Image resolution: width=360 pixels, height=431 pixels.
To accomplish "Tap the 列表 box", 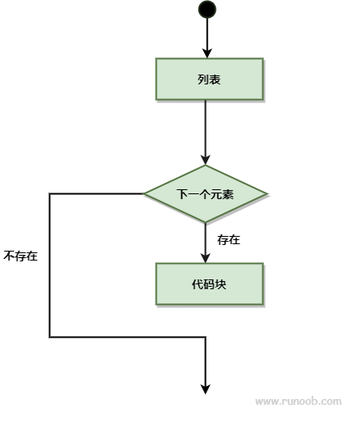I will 209,79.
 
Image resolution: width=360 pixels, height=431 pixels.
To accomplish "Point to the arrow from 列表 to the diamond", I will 207,131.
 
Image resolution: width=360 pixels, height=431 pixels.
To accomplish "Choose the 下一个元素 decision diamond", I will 206,194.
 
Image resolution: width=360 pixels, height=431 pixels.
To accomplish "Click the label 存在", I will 229,240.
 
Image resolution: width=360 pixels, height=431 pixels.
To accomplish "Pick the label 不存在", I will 21,256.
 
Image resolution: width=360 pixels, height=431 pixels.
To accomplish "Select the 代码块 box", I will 209,284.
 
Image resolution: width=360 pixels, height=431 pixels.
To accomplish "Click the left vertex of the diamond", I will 144,194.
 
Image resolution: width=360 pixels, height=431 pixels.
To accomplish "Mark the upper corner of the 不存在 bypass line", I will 50,194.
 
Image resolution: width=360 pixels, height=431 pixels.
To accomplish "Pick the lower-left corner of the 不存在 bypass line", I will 50,336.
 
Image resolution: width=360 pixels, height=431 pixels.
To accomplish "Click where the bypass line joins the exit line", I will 207,336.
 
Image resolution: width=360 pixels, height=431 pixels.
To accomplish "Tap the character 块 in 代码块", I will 221,284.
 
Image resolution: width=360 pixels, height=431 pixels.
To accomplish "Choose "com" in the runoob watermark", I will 330,402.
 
